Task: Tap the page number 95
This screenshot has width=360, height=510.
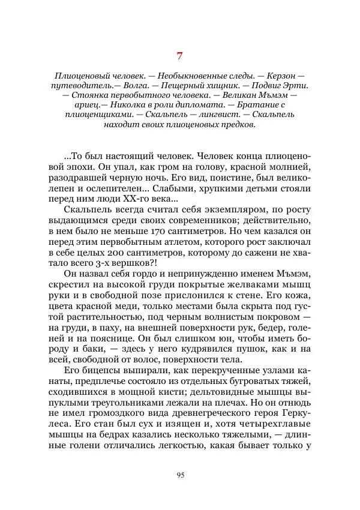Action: point(179,475)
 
